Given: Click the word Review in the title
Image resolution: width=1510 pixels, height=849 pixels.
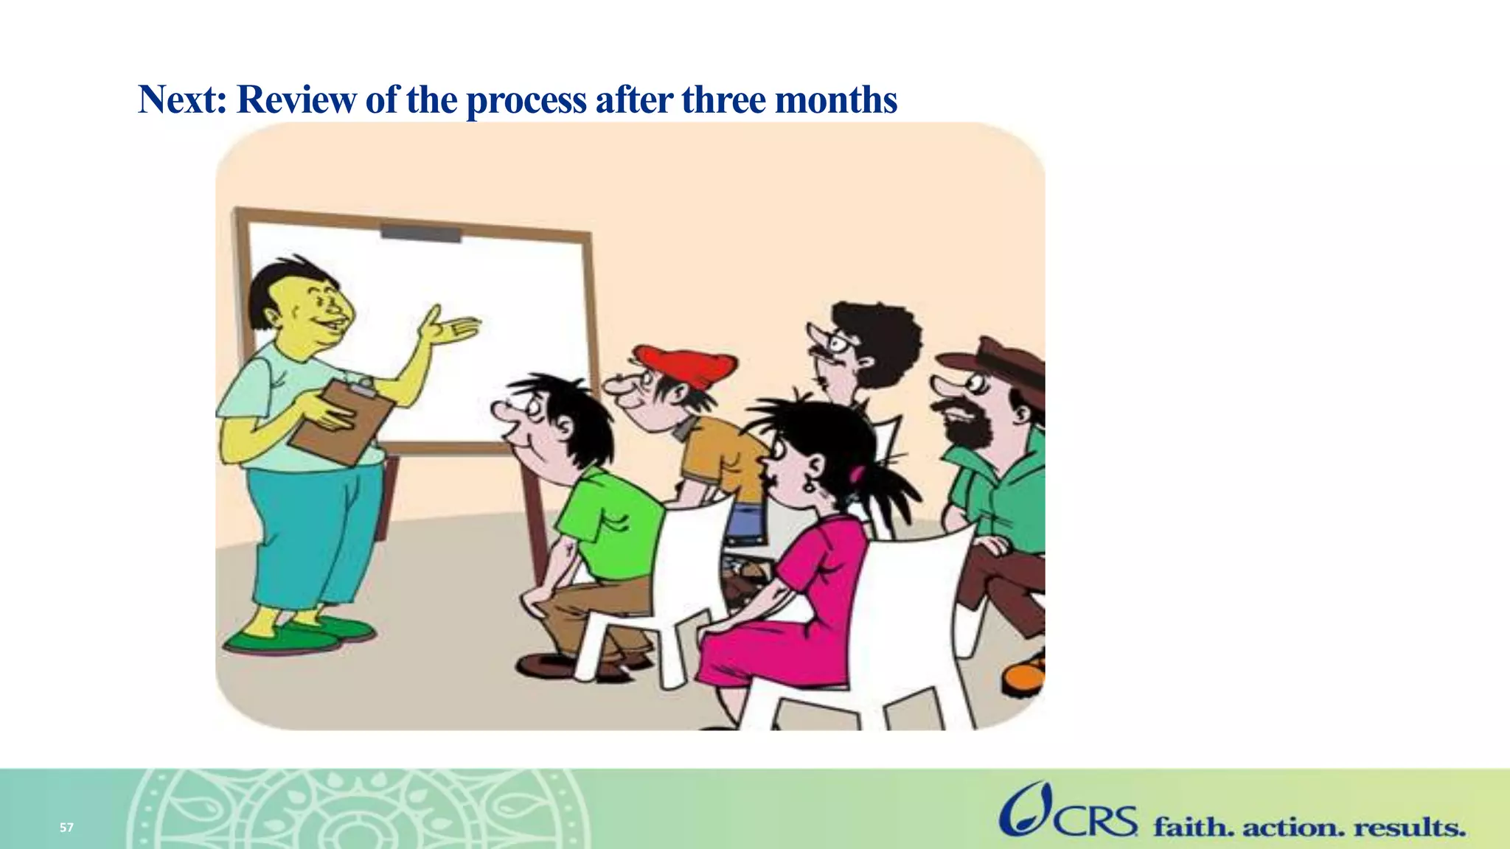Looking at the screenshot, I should [x=296, y=99].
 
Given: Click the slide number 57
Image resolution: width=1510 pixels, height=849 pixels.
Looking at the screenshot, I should [x=66, y=828].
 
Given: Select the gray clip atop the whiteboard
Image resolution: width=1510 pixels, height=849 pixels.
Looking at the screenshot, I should [x=420, y=234].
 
